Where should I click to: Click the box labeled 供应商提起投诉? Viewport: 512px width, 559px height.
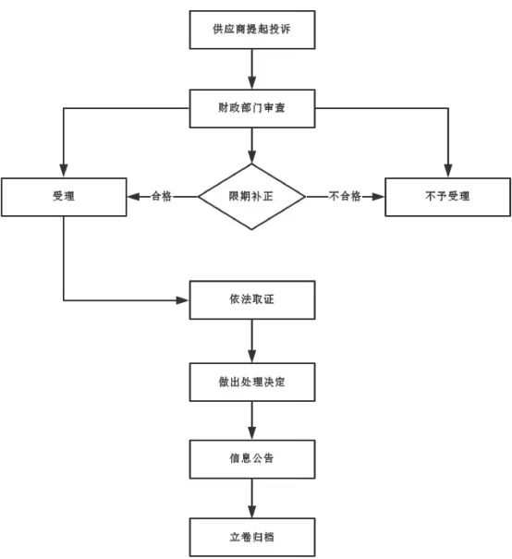[x=252, y=30]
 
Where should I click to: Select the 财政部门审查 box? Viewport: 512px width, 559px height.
[x=252, y=108]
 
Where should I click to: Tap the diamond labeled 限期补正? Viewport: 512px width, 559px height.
[x=251, y=197]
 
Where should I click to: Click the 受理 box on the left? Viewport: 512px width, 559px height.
[x=64, y=197]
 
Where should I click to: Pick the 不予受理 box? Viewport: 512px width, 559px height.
[x=448, y=197]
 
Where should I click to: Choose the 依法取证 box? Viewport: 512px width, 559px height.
[x=252, y=299]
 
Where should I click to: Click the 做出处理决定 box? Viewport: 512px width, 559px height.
[x=252, y=383]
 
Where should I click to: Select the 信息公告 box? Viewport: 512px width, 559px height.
[x=252, y=459]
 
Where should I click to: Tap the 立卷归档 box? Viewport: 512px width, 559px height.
[x=252, y=537]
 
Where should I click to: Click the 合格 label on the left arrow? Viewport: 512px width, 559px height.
[x=162, y=196]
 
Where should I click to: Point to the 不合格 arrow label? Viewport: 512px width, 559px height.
[x=345, y=196]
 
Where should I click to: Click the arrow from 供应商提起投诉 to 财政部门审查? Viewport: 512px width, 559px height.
[x=252, y=69]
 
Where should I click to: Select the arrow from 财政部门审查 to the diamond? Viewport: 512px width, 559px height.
[x=252, y=145]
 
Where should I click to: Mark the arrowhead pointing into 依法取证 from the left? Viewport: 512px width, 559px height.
[x=183, y=300]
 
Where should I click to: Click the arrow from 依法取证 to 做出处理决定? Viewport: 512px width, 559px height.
[x=252, y=341]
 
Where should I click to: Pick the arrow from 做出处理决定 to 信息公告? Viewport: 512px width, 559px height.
[x=252, y=420]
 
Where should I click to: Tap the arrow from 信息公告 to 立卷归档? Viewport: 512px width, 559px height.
[x=252, y=498]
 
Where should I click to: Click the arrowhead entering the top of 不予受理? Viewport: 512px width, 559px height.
[x=448, y=171]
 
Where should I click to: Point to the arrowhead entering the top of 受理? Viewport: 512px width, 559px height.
[x=64, y=171]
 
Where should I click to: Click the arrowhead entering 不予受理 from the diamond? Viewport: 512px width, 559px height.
[x=378, y=197]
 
